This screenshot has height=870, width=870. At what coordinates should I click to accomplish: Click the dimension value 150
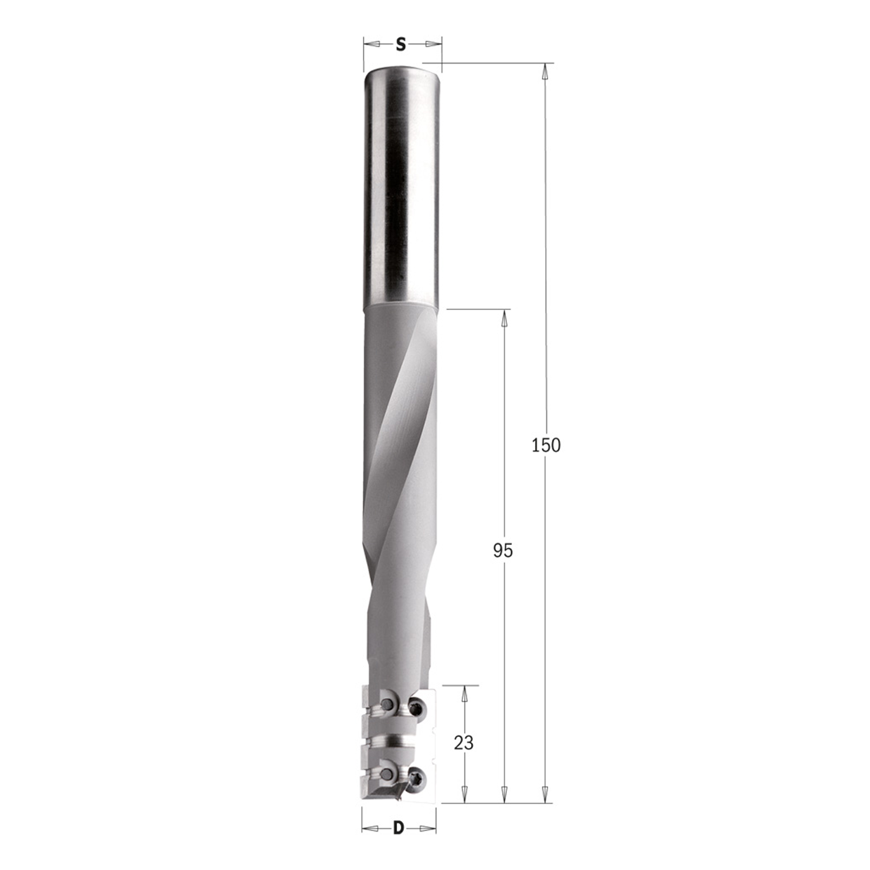tap(546, 445)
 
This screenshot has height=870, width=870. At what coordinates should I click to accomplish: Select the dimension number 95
tap(503, 550)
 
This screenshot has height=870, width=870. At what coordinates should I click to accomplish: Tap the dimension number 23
tap(464, 743)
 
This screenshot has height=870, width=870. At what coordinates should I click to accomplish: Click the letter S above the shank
tap(401, 44)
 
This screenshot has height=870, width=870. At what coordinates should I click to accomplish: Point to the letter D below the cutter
tap(398, 828)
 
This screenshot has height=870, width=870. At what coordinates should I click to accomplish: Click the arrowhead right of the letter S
tap(433, 44)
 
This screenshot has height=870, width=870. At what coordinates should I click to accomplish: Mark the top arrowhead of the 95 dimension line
tap(504, 316)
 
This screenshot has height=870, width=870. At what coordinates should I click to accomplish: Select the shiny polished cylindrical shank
tap(402, 186)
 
